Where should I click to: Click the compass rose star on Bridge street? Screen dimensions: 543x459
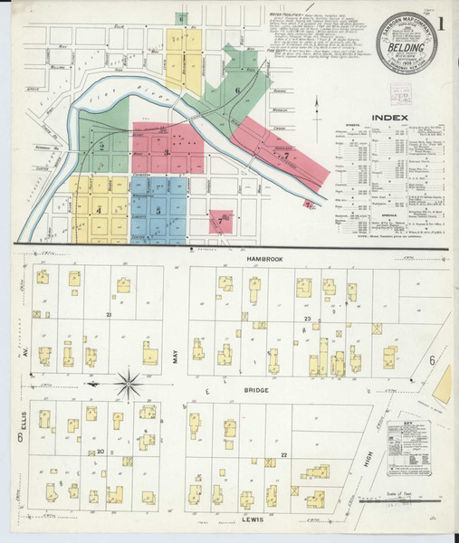pos(128,383)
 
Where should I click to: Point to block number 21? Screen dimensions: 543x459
pos(107,314)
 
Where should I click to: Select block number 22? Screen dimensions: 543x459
pos(283,453)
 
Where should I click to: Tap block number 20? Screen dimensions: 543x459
pos(102,451)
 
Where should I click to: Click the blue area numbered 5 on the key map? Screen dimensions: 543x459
pos(159,211)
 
